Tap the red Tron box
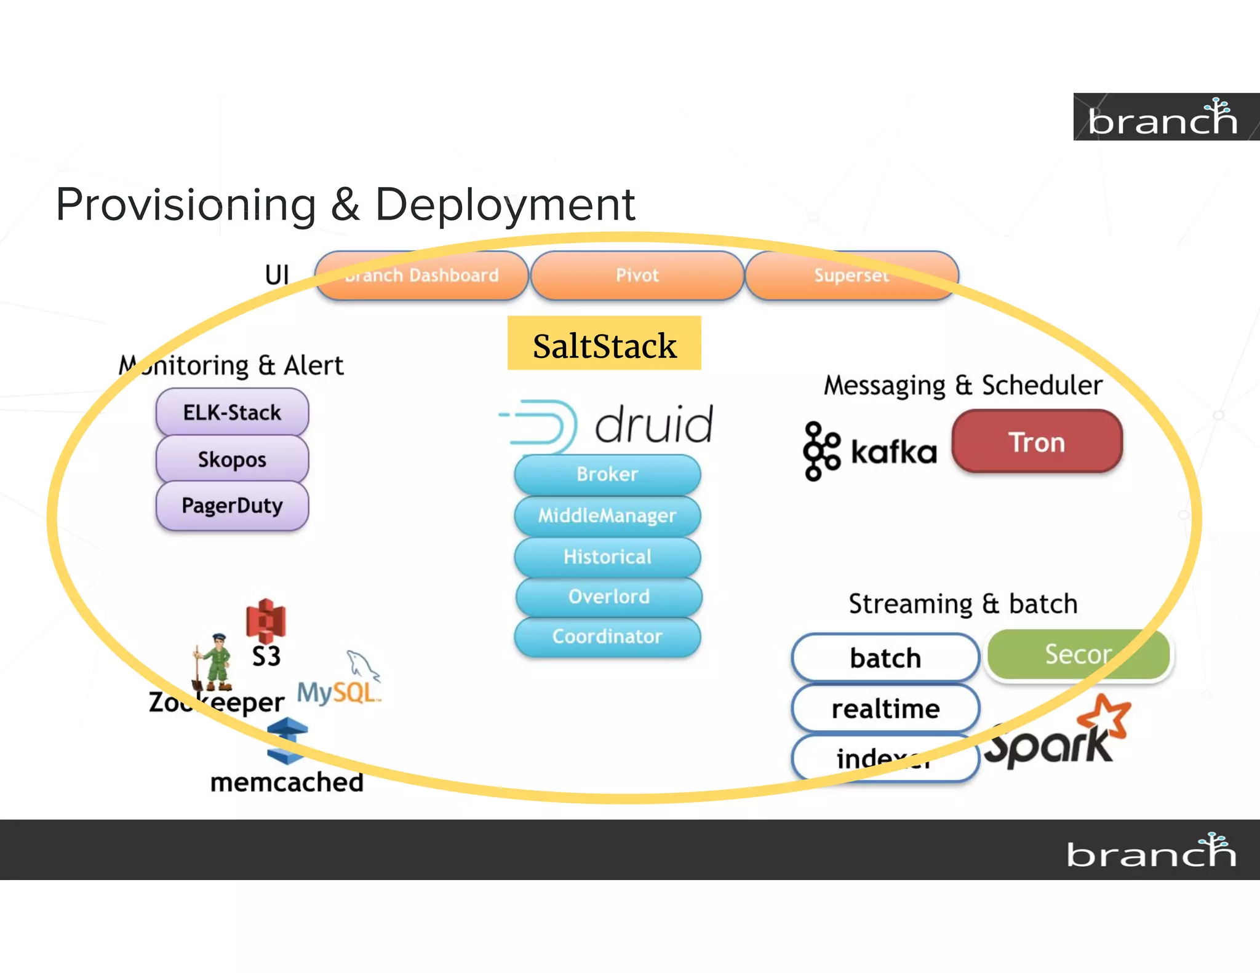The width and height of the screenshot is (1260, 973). (1037, 442)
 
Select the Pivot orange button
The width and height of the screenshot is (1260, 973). (637, 275)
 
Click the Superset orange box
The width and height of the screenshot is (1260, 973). (851, 275)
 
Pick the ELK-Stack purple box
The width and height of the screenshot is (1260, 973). (232, 411)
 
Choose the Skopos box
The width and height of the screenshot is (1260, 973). (232, 459)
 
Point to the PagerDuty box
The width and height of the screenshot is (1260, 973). (232, 506)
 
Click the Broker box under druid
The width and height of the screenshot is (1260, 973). (607, 474)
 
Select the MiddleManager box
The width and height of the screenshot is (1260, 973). (607, 515)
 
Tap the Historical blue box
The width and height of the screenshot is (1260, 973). (607, 556)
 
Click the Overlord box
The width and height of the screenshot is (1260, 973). (608, 596)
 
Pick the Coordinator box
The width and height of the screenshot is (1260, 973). (607, 636)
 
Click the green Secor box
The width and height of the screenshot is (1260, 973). (1078, 654)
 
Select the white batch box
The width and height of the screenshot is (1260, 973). (885, 658)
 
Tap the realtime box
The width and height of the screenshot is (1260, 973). (885, 709)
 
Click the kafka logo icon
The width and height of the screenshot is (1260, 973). (821, 451)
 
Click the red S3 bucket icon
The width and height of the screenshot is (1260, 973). (266, 620)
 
